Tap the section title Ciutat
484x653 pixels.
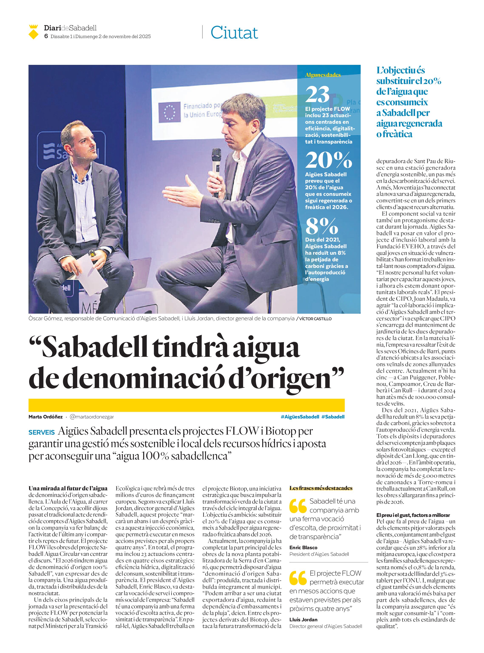234,33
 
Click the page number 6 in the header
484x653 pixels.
46,36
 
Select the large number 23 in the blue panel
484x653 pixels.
317,95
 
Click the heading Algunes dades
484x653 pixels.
323,75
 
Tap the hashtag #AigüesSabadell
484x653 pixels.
299,417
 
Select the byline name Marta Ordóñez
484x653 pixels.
46,417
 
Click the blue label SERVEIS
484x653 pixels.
42,432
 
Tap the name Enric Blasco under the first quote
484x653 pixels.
303,548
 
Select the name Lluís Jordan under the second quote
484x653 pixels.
303,620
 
